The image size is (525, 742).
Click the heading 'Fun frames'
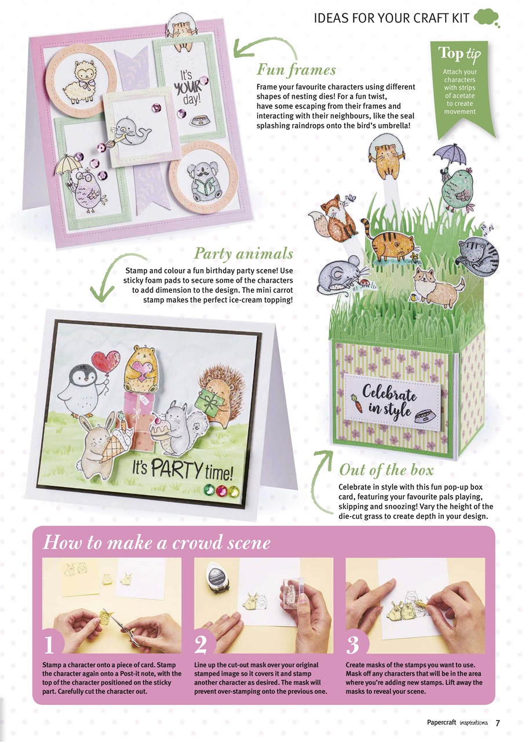pyautogui.click(x=296, y=71)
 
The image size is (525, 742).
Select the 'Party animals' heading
pyautogui.click(x=243, y=254)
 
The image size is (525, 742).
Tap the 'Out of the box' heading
pyautogui.click(x=386, y=469)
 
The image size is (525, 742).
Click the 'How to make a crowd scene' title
pyautogui.click(x=156, y=543)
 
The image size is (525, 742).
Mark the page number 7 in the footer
pyautogui.click(x=497, y=722)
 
